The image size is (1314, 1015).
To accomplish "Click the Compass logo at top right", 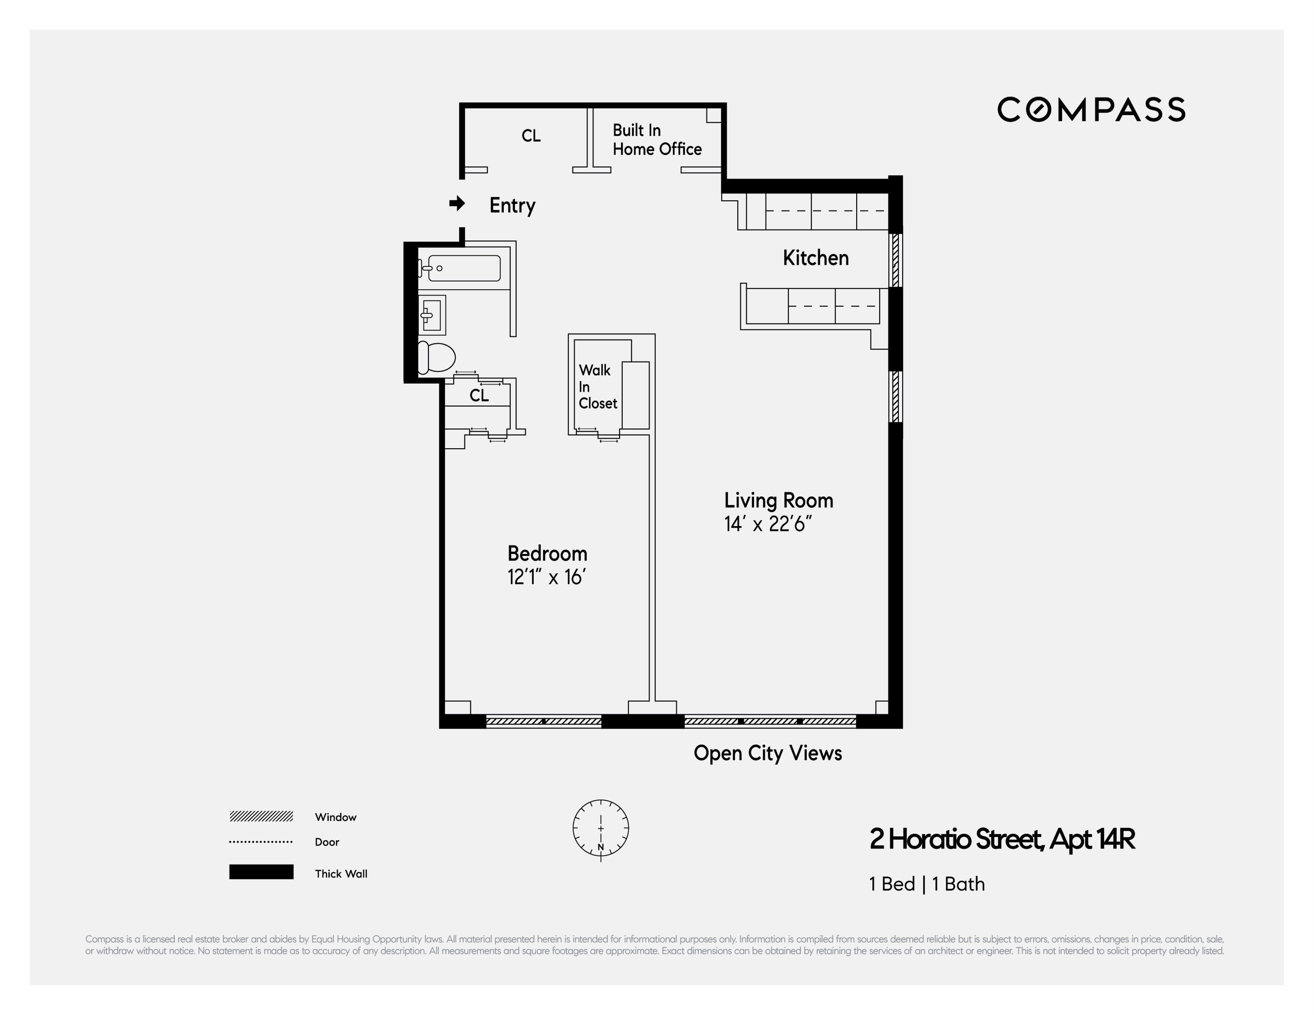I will coord(1091,109).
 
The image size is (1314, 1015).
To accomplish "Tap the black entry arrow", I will coord(457,204).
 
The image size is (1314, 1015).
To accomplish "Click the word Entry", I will coord(512,205).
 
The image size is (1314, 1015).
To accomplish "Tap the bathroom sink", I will coord(432,315).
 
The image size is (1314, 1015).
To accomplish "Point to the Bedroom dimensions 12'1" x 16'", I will coord(546,577).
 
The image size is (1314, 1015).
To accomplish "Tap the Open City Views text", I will coord(767,753).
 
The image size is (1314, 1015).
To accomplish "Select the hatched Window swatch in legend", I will coord(261,817).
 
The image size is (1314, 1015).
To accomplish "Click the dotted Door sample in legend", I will coord(261,842).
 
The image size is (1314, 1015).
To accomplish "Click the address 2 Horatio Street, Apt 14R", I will coord(1002,839).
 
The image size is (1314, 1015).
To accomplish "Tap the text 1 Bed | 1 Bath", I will coord(927,884).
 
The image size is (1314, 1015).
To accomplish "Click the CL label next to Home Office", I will coord(531,136).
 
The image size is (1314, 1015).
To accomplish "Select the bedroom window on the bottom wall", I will coord(543,721).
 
